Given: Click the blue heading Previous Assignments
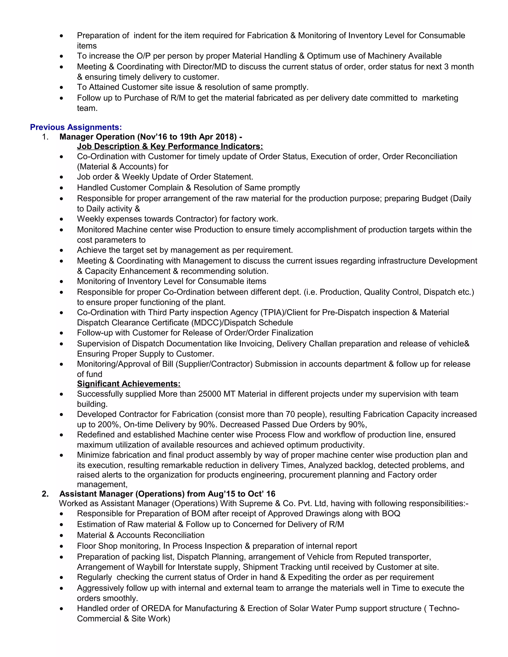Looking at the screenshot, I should click(76, 127).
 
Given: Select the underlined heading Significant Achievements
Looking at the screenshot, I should click(128, 384).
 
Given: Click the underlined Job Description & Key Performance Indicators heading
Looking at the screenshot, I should click(170, 147).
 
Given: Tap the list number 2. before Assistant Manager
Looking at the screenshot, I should click(45, 494).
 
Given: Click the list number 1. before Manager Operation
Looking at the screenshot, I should click(45, 137).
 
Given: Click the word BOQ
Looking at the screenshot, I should click(391, 513).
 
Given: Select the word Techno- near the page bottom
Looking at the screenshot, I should click(444, 608).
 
